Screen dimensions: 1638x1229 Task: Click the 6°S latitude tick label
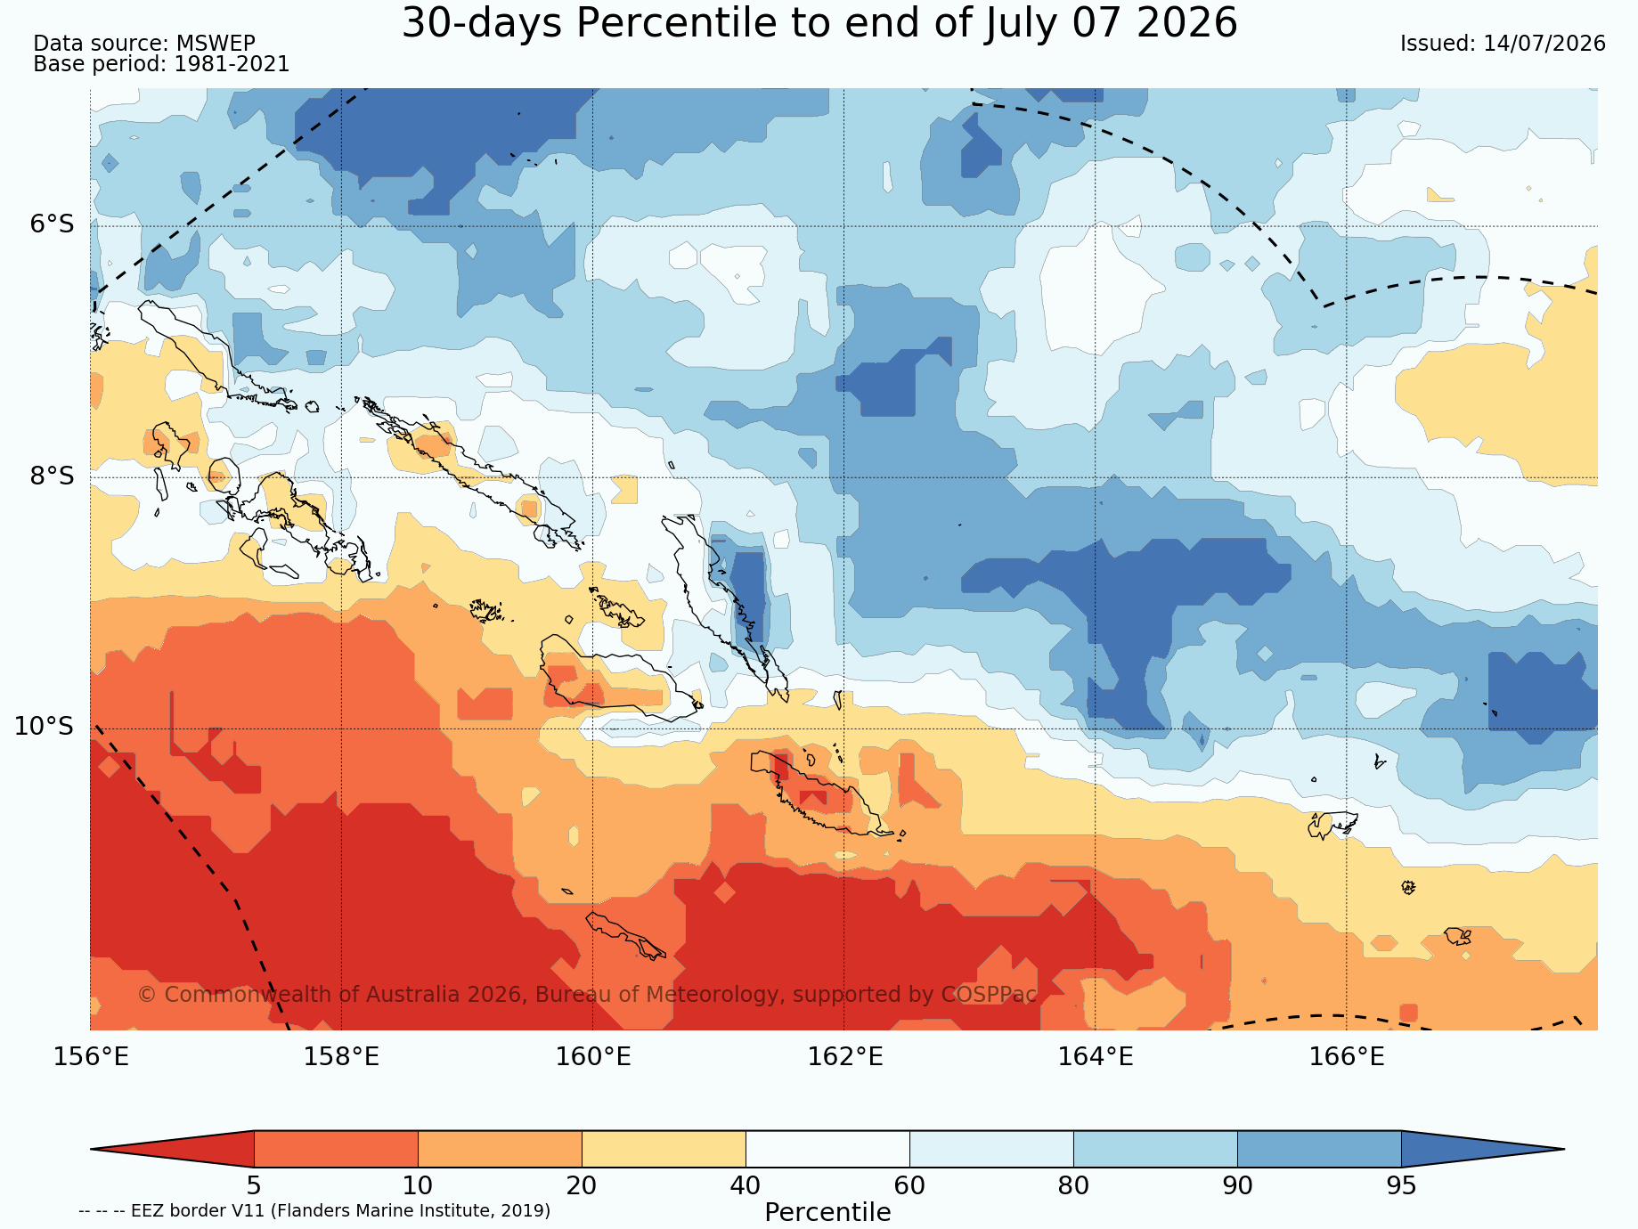click(x=53, y=224)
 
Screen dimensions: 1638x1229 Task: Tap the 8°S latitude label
click(x=53, y=476)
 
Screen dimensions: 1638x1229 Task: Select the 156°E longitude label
click(x=91, y=1057)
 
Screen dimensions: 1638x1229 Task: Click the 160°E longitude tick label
click(x=593, y=1057)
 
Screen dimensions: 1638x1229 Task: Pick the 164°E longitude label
click(x=1095, y=1057)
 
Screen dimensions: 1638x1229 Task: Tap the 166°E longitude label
click(x=1346, y=1057)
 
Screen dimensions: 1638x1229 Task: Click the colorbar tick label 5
click(x=254, y=1186)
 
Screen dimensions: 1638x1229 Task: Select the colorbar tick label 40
click(x=746, y=1186)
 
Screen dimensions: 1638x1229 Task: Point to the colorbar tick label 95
click(x=1401, y=1186)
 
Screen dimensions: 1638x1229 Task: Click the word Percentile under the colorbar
click(x=827, y=1213)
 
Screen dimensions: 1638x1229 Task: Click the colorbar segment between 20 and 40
click(x=664, y=1149)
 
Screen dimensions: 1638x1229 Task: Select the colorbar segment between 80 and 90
click(x=1155, y=1149)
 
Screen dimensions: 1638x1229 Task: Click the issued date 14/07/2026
click(x=1544, y=44)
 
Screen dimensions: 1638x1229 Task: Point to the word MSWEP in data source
click(x=216, y=44)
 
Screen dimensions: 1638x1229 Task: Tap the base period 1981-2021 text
click(x=232, y=64)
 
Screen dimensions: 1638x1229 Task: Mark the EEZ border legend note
click(x=314, y=1211)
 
